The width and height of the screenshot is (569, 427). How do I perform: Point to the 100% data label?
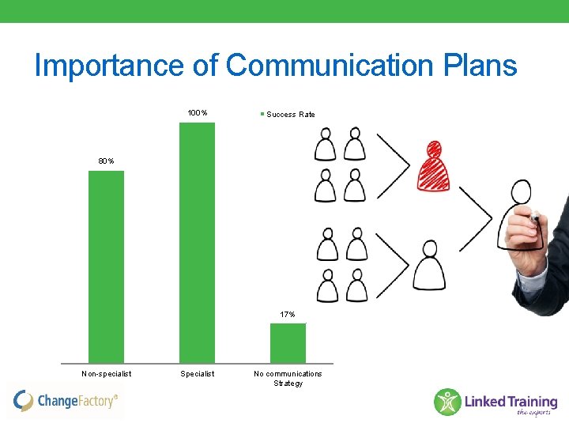[198, 113]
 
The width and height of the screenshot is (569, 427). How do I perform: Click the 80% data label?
[106, 161]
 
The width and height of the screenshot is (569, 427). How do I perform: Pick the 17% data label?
[288, 315]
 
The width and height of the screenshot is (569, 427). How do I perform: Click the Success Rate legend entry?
[289, 115]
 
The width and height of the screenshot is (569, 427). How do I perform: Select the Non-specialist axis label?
[106, 373]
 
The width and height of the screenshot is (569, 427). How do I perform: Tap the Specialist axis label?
[197, 373]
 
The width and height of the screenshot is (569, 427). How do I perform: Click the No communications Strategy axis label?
[288, 378]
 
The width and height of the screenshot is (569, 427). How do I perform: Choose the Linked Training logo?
[496, 402]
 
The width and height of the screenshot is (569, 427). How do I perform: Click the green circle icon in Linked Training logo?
[447, 402]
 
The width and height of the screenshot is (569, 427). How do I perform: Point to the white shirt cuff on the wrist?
[527, 273]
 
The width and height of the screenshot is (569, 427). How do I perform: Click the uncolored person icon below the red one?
[429, 266]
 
